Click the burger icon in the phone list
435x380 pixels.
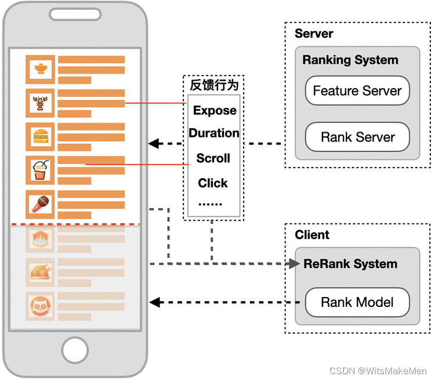[41, 137]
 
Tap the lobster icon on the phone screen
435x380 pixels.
[41, 103]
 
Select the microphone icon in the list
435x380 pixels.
[41, 204]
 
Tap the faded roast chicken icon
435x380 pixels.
[41, 272]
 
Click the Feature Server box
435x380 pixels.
[357, 91]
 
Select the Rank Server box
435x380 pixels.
[357, 137]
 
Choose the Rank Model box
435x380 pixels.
[357, 302]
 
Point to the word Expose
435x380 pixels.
[215, 110]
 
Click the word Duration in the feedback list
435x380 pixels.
[214, 133]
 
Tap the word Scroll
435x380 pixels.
[213, 158]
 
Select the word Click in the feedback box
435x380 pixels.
[213, 183]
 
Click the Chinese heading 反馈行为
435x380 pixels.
[214, 85]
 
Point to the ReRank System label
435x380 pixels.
[350, 264]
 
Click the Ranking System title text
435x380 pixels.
[350, 60]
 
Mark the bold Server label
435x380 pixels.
[314, 34]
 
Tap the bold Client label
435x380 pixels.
[312, 235]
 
